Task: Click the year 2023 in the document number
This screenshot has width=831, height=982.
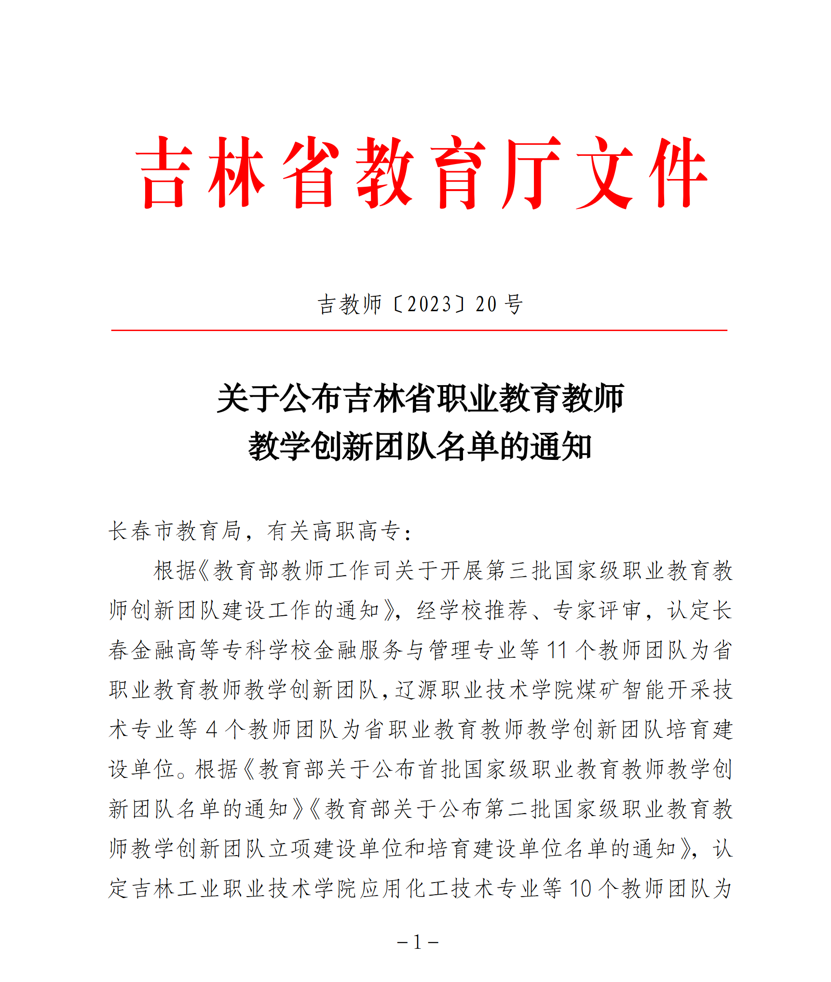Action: (429, 304)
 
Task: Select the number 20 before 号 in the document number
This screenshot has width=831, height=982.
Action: (486, 304)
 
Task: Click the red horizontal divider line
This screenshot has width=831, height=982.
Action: (419, 331)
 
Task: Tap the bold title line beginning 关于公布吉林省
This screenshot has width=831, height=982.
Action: (420, 399)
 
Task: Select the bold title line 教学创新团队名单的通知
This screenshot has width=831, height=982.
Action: (420, 446)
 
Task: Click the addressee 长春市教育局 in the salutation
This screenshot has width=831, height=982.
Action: (174, 531)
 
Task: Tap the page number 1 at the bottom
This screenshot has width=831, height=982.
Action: (417, 941)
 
